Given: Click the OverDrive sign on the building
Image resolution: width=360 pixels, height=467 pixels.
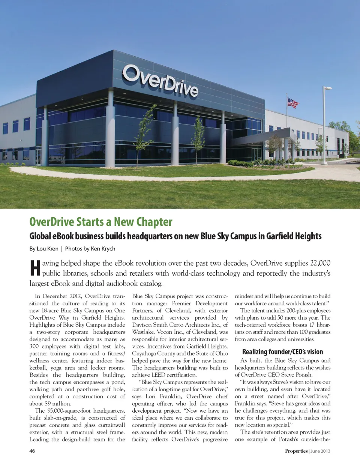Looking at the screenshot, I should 160,80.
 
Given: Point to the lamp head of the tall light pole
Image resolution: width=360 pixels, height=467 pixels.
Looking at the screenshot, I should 328,89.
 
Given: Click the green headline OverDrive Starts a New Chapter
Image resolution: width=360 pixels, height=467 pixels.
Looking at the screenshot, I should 101,222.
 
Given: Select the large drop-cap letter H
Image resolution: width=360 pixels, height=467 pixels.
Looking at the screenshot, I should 35,268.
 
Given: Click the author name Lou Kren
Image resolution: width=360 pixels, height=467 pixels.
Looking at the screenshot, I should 48,248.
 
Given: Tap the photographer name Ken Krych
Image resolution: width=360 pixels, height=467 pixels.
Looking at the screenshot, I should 103,248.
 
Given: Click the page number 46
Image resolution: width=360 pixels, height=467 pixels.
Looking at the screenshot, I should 32,451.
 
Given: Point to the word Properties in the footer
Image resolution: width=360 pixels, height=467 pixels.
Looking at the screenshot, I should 296,451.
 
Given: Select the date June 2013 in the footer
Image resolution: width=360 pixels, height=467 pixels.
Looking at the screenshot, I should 321,451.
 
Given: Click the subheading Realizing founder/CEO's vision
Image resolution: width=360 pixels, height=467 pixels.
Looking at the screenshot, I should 282,351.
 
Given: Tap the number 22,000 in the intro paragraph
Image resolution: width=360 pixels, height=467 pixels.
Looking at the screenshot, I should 320,263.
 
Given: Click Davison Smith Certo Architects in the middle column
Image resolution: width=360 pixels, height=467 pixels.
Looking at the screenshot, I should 176,325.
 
